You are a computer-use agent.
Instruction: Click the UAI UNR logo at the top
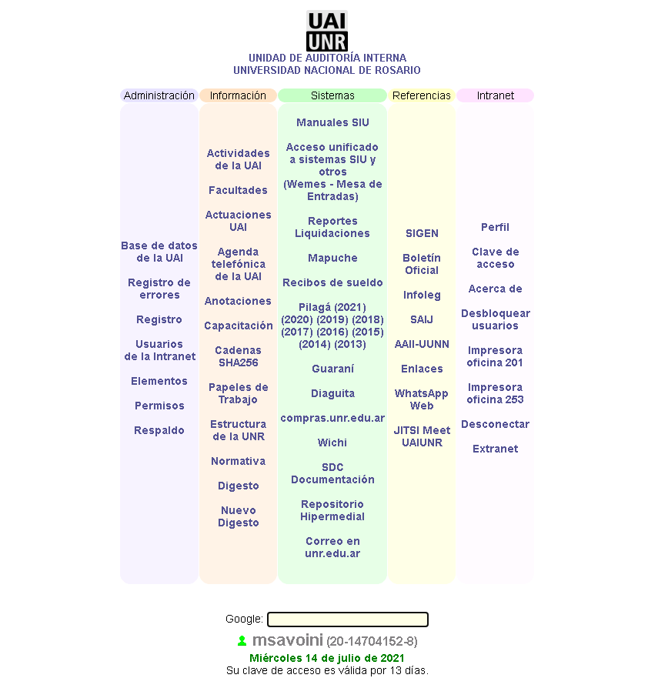(x=327, y=31)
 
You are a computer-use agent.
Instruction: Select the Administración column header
(x=159, y=95)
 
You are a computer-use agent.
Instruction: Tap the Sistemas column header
(x=332, y=95)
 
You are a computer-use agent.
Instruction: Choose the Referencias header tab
(x=421, y=95)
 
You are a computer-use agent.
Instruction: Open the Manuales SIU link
(x=332, y=122)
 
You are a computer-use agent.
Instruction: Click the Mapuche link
(x=332, y=258)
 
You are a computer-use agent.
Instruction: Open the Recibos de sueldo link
(x=332, y=282)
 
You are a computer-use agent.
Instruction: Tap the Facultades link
(x=239, y=190)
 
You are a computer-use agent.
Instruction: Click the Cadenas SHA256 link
(x=239, y=356)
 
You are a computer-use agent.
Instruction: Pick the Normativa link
(x=239, y=461)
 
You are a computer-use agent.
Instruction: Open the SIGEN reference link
(x=422, y=233)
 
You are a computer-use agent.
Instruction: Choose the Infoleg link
(x=422, y=295)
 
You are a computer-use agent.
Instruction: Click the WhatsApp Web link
(x=422, y=399)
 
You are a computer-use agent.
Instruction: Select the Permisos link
(x=159, y=406)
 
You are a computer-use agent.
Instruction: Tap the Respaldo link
(x=159, y=430)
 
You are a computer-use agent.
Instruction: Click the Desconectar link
(x=496, y=424)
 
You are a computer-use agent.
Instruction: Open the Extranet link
(x=496, y=449)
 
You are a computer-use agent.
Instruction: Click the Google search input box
(x=348, y=619)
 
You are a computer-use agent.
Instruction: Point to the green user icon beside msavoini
(x=242, y=640)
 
